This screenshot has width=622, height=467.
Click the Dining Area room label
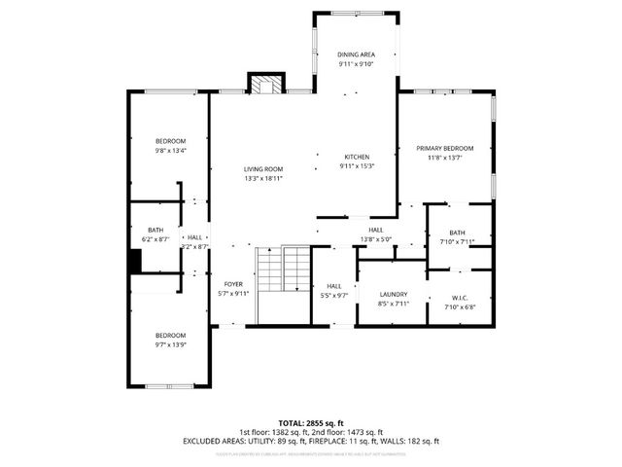[x=356, y=54]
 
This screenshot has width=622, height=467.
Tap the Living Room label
[x=263, y=169]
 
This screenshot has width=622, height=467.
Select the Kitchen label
[x=357, y=157]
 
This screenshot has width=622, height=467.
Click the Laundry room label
[x=393, y=294]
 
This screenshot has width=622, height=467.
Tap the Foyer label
[x=233, y=284]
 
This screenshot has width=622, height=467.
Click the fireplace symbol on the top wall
[x=263, y=84]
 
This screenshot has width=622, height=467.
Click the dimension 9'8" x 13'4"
[x=171, y=151]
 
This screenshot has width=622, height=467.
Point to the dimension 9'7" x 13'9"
[x=171, y=344]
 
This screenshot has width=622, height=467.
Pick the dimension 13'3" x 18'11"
[x=263, y=179]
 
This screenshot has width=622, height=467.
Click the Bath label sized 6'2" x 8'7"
[x=155, y=230]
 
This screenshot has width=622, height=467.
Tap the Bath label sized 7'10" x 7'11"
[x=457, y=233]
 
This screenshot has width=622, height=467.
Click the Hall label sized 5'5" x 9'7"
[x=334, y=285]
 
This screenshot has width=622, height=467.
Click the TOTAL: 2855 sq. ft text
[x=311, y=423]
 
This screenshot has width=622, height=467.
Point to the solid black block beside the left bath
[x=137, y=262]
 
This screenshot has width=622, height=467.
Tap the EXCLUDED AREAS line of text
[x=311, y=441]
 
